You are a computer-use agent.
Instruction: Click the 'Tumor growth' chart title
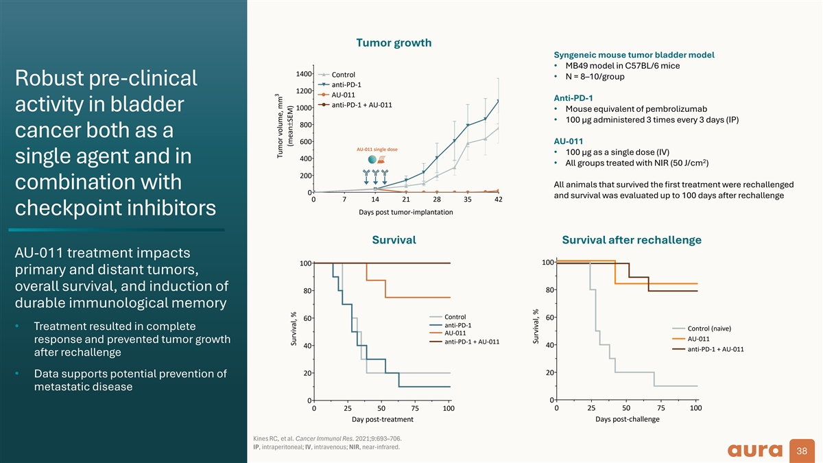pos(394,43)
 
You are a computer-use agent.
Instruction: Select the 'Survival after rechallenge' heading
pos(632,240)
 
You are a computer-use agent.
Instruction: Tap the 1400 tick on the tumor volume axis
pos(303,74)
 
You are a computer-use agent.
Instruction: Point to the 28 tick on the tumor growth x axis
pos(436,200)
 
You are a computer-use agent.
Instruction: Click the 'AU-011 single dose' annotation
pos(377,150)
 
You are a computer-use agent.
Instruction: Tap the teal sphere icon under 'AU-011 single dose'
pos(372,159)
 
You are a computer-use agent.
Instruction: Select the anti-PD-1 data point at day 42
pos(498,101)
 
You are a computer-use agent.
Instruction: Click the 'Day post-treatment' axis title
pos(383,419)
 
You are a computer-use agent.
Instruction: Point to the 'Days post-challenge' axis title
pos(627,419)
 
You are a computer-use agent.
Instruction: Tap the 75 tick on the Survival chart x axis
pos(415,408)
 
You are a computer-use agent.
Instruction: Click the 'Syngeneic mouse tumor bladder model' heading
pos(634,55)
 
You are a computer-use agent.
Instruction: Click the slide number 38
pos(802,451)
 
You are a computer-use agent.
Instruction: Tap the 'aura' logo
pos(755,451)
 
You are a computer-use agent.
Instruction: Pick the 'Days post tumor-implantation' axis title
pos(405,212)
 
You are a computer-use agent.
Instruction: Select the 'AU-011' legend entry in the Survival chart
pos(455,333)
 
